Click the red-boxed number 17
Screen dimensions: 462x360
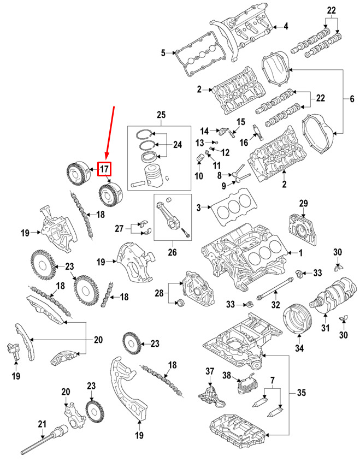coord(104,169)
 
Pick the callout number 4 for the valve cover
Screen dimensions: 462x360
coord(285,26)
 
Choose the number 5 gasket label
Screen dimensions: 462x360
coord(163,53)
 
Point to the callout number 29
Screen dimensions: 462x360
coord(304,203)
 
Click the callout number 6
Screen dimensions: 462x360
coord(352,99)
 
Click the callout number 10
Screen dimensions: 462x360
coord(198,176)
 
